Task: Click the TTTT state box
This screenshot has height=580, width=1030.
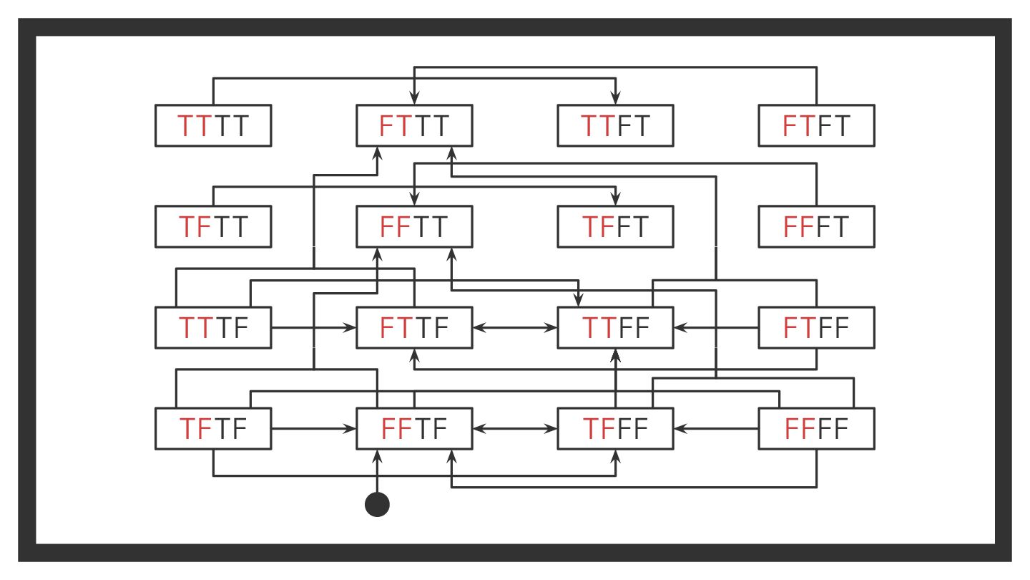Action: pyautogui.click(x=213, y=126)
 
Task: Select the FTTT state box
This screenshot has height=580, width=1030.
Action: pyautogui.click(x=414, y=126)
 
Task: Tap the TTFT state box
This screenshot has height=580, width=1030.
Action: pyautogui.click(x=615, y=126)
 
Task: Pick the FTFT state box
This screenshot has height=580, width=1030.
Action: pyautogui.click(x=816, y=126)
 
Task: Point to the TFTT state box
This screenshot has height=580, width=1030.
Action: pyautogui.click(x=213, y=227)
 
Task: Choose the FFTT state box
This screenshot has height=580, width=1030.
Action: pyautogui.click(x=414, y=227)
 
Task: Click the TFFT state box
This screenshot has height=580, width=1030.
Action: pyautogui.click(x=615, y=227)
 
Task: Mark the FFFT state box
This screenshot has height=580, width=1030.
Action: pyautogui.click(x=816, y=227)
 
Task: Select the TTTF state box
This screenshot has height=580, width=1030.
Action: pyautogui.click(x=213, y=328)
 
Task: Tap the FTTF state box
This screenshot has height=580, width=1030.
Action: pyautogui.click(x=414, y=328)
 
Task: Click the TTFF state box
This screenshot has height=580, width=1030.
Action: pyautogui.click(x=615, y=328)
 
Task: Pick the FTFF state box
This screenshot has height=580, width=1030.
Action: pyautogui.click(x=816, y=328)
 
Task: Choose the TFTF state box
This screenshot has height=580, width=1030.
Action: pyautogui.click(x=213, y=429)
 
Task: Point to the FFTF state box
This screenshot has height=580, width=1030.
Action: pyautogui.click(x=414, y=429)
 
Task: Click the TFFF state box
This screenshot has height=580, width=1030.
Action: pyautogui.click(x=615, y=429)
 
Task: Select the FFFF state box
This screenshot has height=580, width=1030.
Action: pyautogui.click(x=816, y=429)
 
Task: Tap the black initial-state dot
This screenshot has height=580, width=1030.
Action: pyautogui.click(x=377, y=504)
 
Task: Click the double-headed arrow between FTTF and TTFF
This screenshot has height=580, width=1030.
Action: pyautogui.click(x=515, y=328)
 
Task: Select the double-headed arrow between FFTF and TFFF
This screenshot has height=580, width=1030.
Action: pyautogui.click(x=515, y=429)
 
